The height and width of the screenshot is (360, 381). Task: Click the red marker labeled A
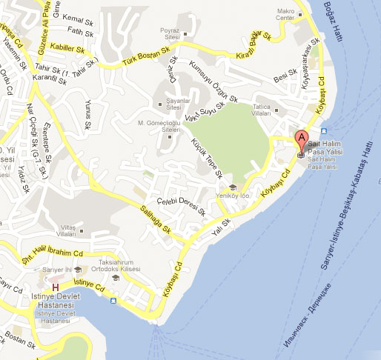[x=301, y=138]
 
